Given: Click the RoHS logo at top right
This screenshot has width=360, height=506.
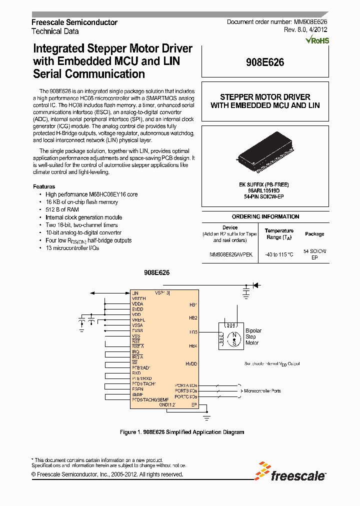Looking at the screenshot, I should (x=318, y=40).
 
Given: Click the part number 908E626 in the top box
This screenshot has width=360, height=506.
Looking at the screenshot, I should (x=265, y=62).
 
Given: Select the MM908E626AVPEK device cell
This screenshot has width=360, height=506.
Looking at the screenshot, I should (x=230, y=254).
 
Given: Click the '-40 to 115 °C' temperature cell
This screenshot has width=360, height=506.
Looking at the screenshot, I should (x=279, y=254).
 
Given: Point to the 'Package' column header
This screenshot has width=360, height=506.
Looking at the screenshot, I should (x=314, y=234).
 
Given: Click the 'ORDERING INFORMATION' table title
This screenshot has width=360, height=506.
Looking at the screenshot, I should (x=265, y=216).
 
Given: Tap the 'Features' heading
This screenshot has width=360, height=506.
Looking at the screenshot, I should (x=44, y=186).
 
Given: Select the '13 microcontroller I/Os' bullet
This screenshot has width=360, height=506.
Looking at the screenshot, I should (x=72, y=248).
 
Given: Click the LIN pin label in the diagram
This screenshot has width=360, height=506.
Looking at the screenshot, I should (x=135, y=293).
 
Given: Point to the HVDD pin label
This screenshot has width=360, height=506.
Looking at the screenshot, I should (x=191, y=364).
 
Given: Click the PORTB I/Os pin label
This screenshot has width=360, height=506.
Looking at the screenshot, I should (x=185, y=390).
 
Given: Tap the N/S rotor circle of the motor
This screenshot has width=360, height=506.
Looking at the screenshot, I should (x=232, y=338).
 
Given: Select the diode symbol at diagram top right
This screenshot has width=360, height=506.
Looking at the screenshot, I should (x=255, y=285).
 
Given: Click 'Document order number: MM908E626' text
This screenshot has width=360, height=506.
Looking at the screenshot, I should (x=277, y=22).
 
